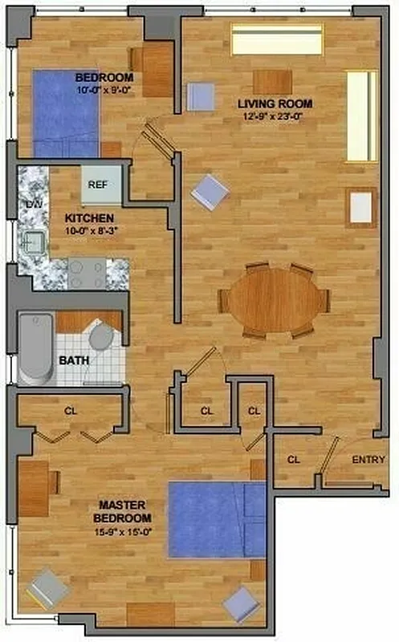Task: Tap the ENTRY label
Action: [367, 460]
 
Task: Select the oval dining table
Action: [275, 299]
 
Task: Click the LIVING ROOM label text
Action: [275, 104]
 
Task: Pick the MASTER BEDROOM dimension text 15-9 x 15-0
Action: [122, 530]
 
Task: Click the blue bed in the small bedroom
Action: [65, 113]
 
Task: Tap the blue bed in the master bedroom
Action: [217, 519]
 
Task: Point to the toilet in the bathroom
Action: [102, 337]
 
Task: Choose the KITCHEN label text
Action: [88, 218]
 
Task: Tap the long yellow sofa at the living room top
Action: [277, 39]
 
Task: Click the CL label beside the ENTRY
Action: [293, 460]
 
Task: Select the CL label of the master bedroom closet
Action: [71, 411]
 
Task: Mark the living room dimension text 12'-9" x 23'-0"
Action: [275, 116]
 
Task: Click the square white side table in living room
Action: [361, 208]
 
